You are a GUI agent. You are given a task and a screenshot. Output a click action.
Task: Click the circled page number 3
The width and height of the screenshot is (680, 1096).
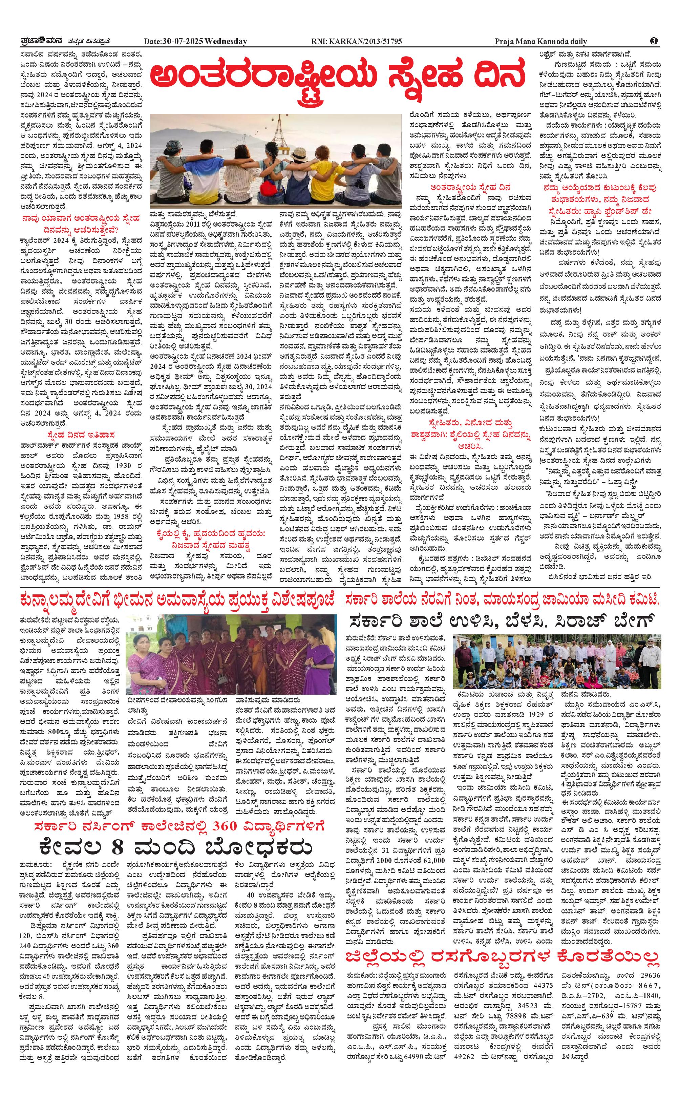point(654,41)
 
